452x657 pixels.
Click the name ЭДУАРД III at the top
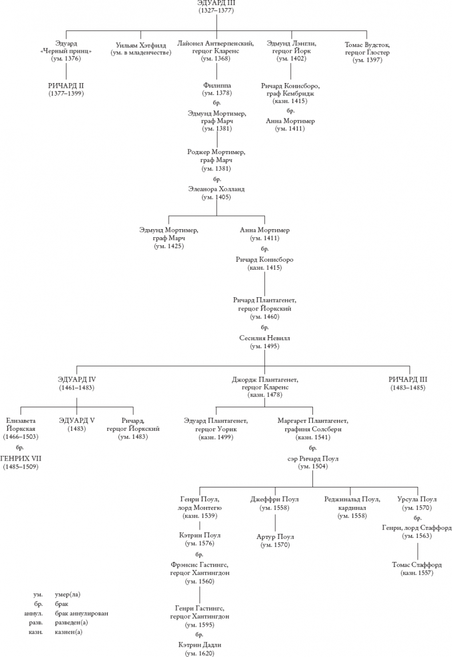[x=216, y=3]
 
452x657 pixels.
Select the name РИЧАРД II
[x=66, y=85]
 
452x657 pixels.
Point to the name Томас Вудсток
[x=367, y=44]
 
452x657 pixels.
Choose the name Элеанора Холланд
[x=216, y=188]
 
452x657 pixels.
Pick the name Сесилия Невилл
[x=264, y=339]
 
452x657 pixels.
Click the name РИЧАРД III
[x=408, y=380]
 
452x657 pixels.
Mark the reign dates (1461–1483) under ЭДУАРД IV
[x=76, y=388]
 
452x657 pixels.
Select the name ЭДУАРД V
[x=76, y=420]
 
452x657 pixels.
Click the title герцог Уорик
[x=216, y=429]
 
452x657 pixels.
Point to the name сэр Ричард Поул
[x=312, y=459]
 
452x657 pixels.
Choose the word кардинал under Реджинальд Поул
[x=351, y=507]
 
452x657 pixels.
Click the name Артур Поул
[x=276, y=537]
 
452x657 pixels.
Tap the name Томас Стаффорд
[x=417, y=564]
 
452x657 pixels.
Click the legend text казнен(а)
[x=69, y=632]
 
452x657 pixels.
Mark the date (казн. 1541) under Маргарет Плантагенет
[x=312, y=437]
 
